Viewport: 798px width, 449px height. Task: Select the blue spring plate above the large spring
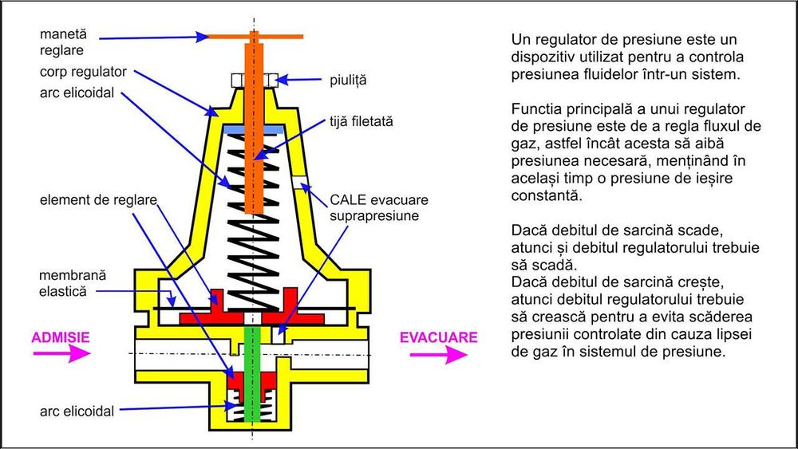[x=254, y=128]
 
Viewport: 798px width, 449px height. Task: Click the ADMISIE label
[x=60, y=337]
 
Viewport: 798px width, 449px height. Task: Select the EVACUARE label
[x=438, y=337]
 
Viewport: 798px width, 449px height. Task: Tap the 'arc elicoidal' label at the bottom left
[x=77, y=412]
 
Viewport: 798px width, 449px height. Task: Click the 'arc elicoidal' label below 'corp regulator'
[x=77, y=93]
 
